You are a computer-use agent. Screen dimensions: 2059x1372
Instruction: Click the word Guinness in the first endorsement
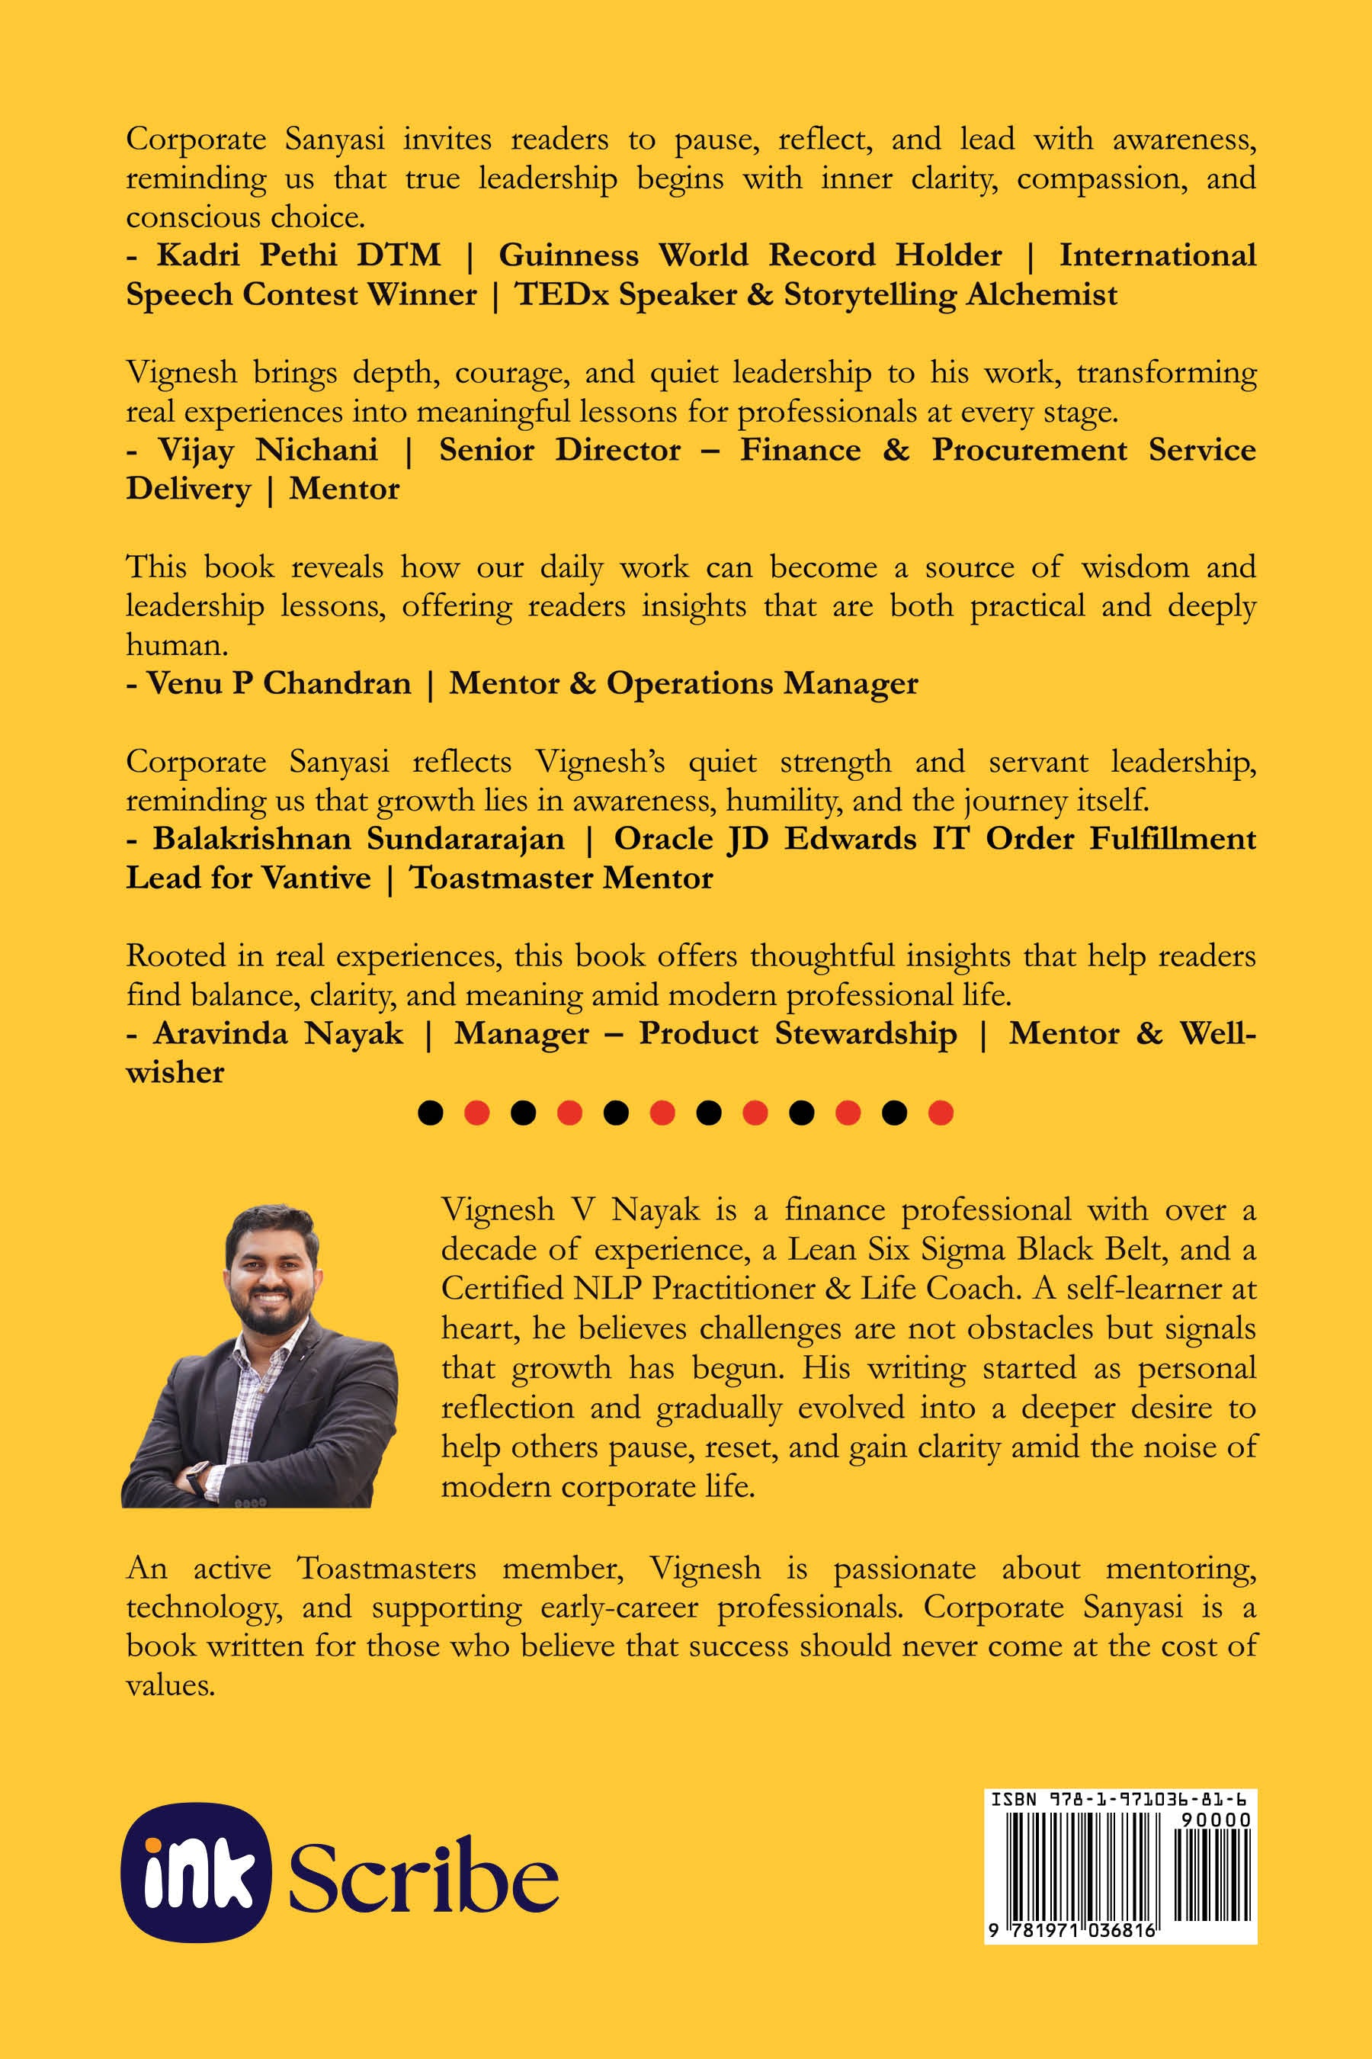click(568, 255)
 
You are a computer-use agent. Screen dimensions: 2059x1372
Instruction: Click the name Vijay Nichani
click(268, 450)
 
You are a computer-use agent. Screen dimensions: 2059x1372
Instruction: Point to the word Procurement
click(1029, 450)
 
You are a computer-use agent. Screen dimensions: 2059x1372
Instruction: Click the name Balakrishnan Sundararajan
click(359, 839)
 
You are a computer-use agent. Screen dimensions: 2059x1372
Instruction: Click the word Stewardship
click(865, 1034)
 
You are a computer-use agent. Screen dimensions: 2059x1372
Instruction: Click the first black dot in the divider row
click(430, 1113)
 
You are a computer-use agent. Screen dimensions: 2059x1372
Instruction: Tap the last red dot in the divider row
click(941, 1113)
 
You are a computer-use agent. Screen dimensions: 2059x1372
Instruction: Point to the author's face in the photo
click(267, 1270)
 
